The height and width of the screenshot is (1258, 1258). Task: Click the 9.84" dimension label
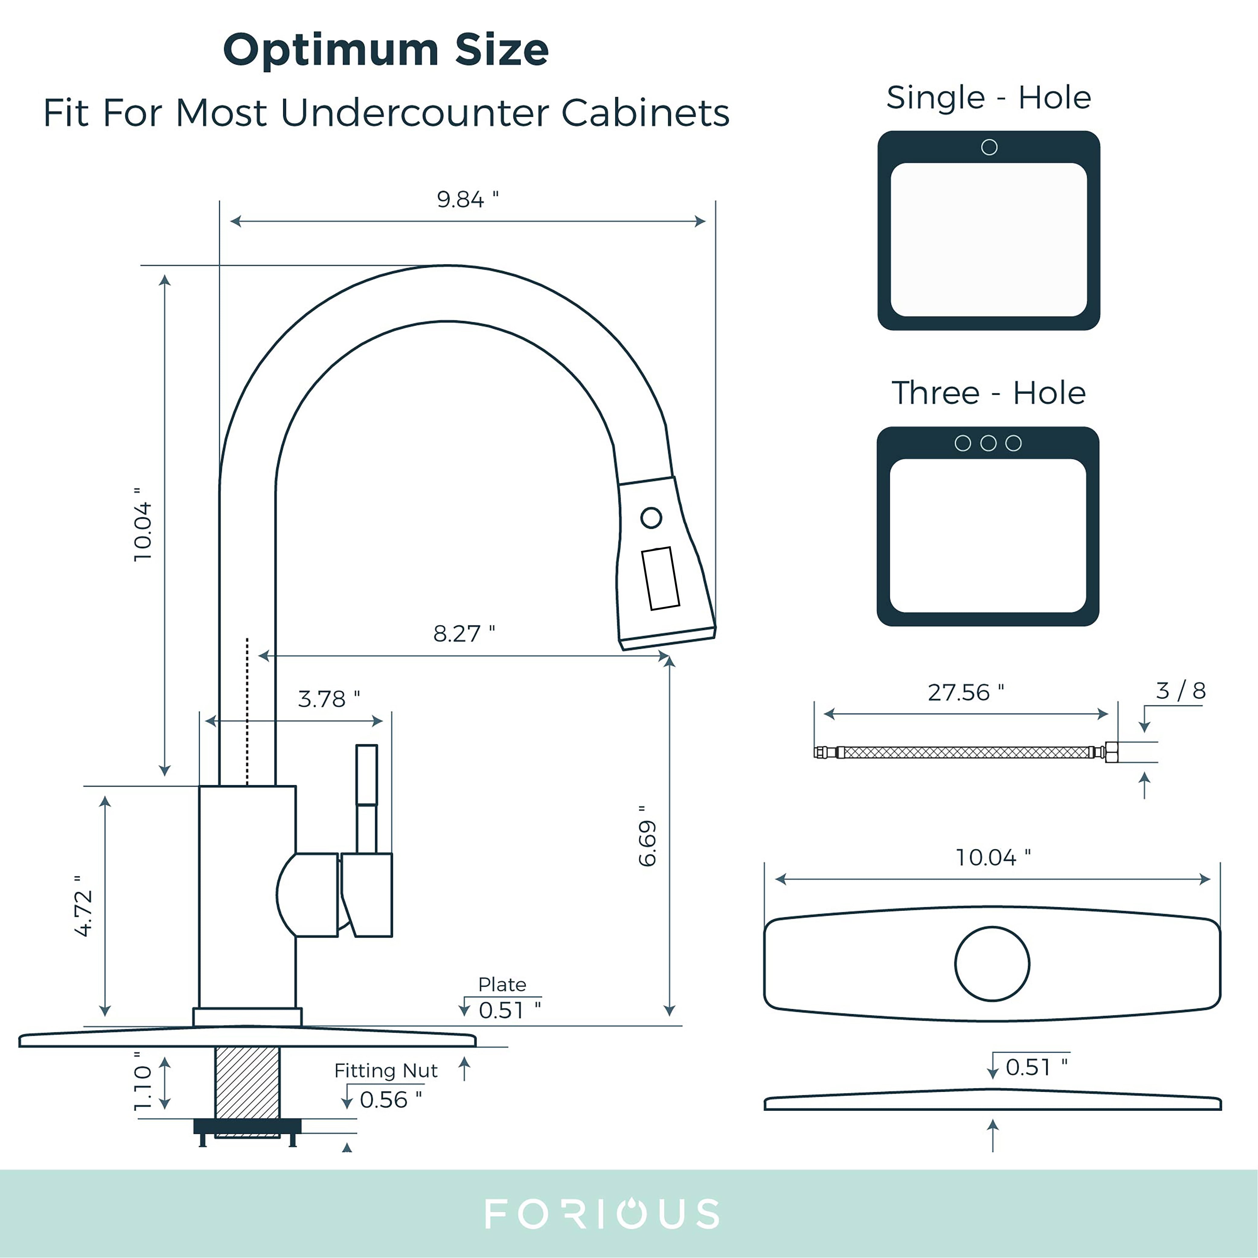tap(467, 199)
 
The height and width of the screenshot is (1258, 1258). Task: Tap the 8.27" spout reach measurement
tap(464, 634)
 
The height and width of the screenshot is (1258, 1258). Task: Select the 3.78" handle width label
tap(328, 699)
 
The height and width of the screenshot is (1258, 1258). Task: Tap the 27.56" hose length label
tap(965, 692)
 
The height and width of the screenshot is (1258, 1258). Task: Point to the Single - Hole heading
tap(988, 98)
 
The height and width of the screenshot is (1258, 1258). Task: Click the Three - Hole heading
tap(988, 393)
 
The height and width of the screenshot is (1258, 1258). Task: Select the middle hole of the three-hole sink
tap(988, 443)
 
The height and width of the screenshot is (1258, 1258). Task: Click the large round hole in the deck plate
tap(992, 964)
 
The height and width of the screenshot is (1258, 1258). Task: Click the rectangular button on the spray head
tap(660, 578)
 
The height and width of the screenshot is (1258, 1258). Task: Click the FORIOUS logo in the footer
tap(602, 1214)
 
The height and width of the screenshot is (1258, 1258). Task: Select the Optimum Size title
tap(386, 50)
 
